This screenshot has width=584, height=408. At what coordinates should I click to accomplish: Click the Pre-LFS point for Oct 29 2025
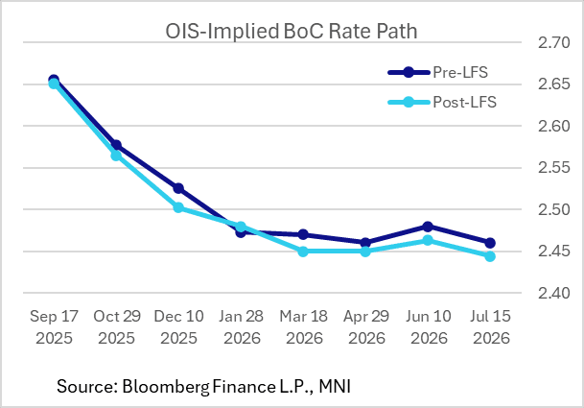pos(116,145)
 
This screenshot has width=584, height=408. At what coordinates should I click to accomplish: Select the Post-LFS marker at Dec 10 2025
pos(178,206)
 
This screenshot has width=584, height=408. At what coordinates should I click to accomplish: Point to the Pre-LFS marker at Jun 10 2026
pos(428,227)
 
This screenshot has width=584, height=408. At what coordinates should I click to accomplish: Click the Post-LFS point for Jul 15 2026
pos(490,256)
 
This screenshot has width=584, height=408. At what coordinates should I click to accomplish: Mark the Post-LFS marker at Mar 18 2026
pos(303,252)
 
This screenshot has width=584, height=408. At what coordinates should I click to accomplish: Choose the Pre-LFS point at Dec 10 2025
pos(178,188)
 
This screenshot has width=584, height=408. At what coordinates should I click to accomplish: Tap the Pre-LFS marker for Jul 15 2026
pos(490,243)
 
